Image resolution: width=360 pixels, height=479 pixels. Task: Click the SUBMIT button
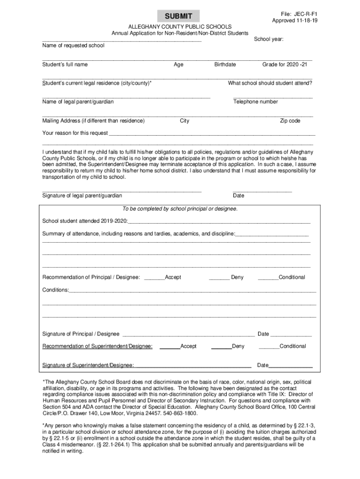coord(178,16)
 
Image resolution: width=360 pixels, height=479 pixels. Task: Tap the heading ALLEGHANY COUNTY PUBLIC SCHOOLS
coord(180,27)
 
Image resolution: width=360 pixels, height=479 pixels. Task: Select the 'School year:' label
coord(269,39)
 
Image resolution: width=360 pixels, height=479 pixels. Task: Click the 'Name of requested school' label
coord(73,46)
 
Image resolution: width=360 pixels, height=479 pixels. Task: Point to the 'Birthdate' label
coord(225,65)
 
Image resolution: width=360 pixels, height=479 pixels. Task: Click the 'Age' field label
coord(178,65)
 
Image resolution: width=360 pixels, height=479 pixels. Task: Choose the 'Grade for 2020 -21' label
coord(284,65)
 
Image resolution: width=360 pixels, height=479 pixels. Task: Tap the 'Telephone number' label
coord(255,102)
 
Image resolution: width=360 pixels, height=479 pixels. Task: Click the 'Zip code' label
coord(290,121)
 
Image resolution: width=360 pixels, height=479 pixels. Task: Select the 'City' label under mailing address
coord(185,121)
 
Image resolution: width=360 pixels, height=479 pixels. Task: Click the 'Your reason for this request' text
coord(75,133)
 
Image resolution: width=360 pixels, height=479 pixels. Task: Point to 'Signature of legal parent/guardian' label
coord(82,196)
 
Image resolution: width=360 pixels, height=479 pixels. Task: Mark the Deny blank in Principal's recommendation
coord(219,277)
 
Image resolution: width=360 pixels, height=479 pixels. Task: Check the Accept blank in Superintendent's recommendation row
coord(170,347)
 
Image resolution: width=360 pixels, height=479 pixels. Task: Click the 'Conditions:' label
coord(55,290)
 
